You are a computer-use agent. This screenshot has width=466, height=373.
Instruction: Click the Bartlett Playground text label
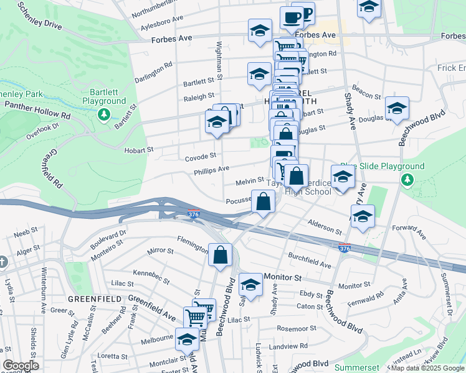coord(103,96)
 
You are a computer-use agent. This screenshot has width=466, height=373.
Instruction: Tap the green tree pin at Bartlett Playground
coord(103,114)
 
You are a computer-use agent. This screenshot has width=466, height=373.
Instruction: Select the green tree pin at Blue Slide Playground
coord(407,180)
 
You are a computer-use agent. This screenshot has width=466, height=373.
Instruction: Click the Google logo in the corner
coord(21,366)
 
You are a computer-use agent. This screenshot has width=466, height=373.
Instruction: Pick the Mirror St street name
coord(160,251)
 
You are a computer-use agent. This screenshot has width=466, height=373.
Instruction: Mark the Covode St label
coord(200,157)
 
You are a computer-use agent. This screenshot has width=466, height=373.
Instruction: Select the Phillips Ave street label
coord(211,168)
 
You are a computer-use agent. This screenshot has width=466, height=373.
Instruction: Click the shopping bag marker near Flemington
coord(221,255)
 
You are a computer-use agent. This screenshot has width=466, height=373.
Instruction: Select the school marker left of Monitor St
coord(250,285)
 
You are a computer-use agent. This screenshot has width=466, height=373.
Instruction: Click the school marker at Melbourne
coord(187,339)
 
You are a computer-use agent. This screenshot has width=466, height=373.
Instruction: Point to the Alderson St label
coord(325,226)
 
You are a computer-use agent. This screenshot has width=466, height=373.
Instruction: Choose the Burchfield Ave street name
coord(309,260)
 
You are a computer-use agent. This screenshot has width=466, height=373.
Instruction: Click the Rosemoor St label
coord(297,329)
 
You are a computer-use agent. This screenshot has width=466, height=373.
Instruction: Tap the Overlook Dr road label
coord(42,130)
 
